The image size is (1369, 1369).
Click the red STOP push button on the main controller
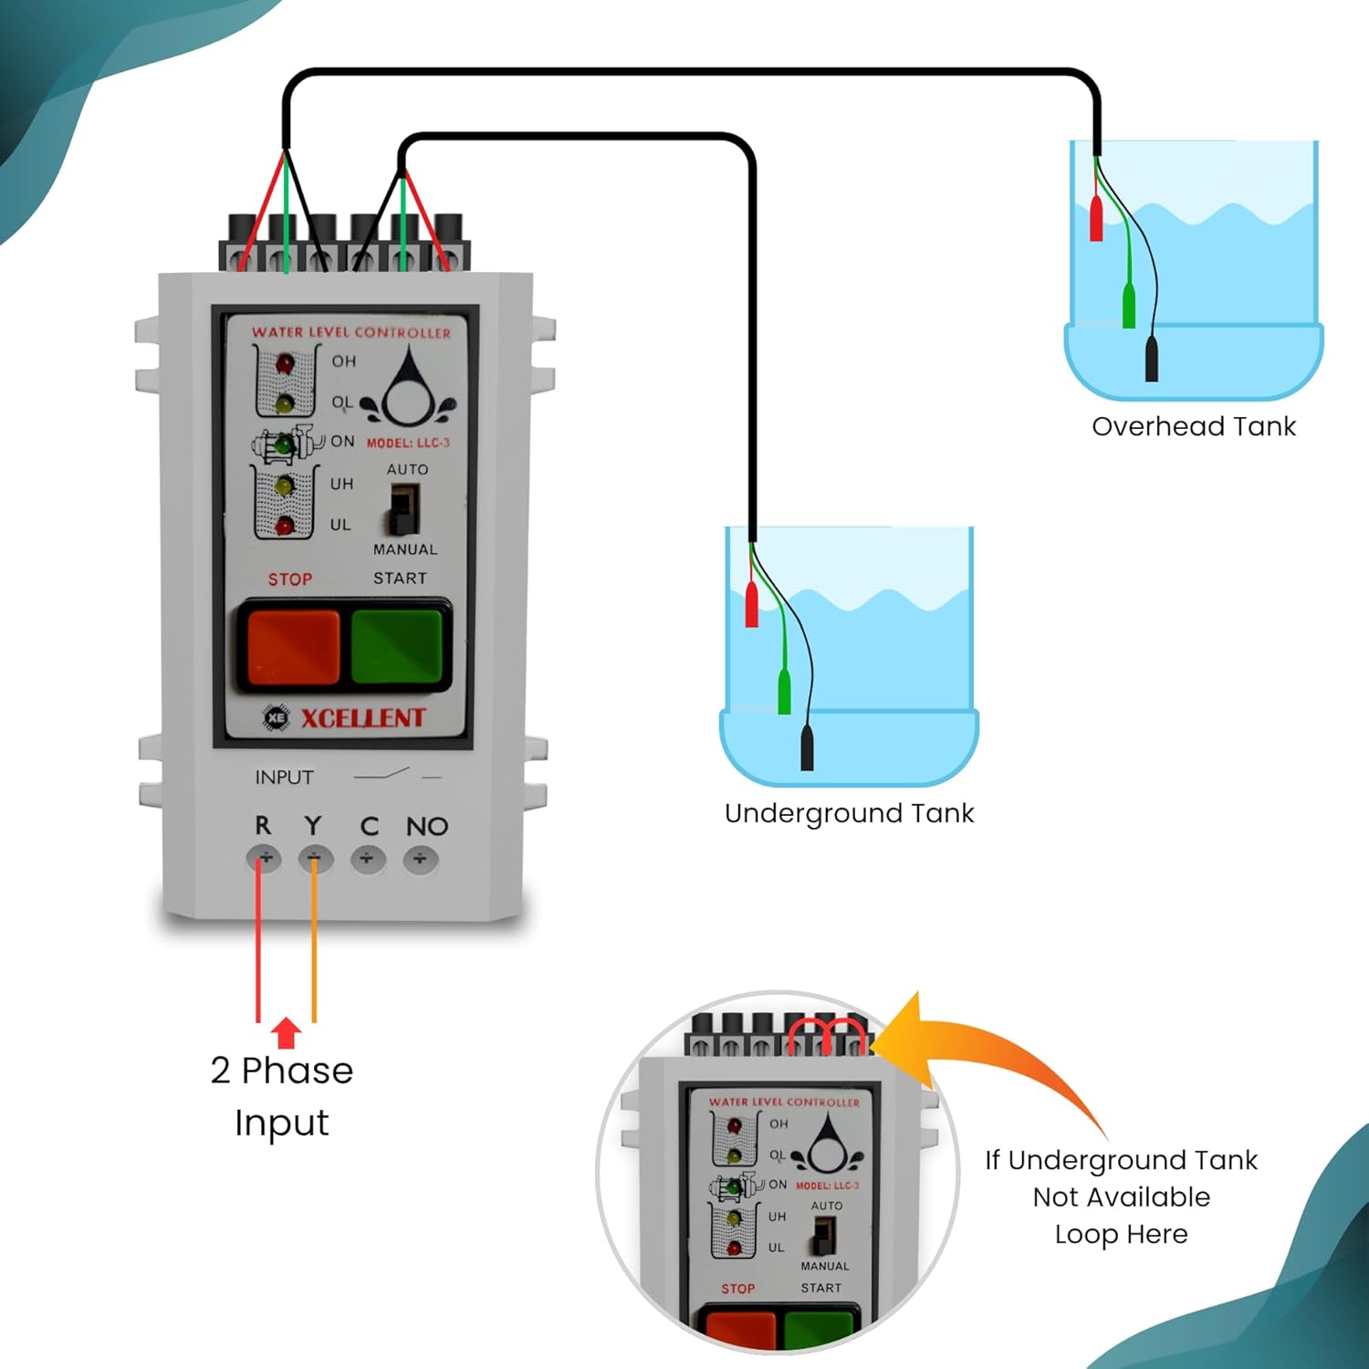[x=293, y=645]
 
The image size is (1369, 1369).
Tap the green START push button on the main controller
[x=397, y=645]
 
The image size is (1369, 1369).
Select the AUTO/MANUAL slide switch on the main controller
[x=403, y=508]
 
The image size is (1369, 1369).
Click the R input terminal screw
[x=265, y=859]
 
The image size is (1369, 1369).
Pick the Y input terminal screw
[x=315, y=859]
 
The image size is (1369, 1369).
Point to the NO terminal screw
[x=421, y=859]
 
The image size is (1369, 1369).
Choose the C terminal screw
[x=368, y=859]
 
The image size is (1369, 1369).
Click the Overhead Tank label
[x=1193, y=426]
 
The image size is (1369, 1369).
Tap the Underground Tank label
[x=849, y=813]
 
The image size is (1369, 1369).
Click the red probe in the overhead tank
[x=1096, y=218]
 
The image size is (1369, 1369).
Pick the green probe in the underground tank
[x=784, y=692]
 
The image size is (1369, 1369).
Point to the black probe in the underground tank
[x=807, y=747]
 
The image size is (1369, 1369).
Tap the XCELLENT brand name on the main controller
[x=362, y=718]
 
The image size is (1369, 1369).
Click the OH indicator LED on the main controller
[x=285, y=365]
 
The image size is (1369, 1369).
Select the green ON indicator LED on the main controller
[x=285, y=445]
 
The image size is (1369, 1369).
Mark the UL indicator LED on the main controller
[x=285, y=526]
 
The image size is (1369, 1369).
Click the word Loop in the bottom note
[x=1087, y=1235]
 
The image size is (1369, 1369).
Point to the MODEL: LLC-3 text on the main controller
[x=408, y=443]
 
